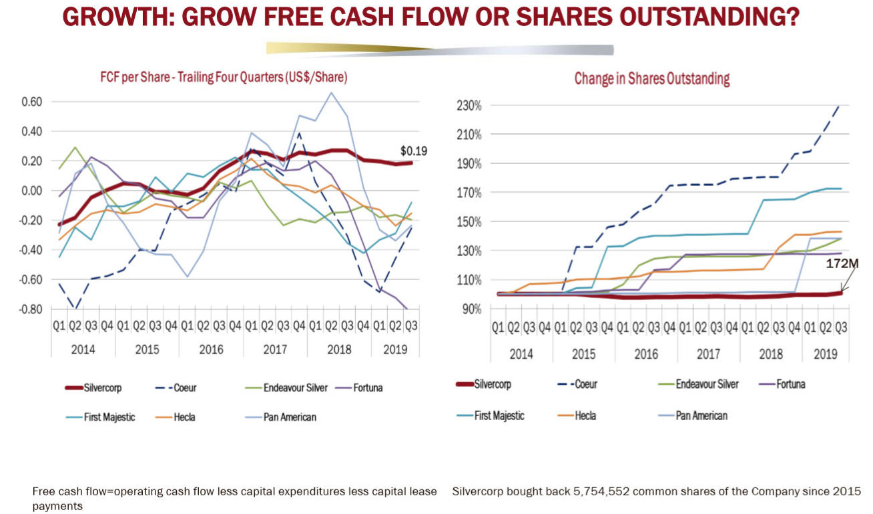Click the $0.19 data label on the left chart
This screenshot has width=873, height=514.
coord(413,151)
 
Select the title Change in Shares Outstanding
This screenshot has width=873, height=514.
coord(651,79)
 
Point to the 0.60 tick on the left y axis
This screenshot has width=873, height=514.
coord(31,102)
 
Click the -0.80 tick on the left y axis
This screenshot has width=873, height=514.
coord(30,309)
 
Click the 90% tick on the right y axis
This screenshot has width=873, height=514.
coord(471,309)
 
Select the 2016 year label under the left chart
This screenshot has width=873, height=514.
coord(211,349)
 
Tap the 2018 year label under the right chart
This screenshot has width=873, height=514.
coord(771,354)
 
